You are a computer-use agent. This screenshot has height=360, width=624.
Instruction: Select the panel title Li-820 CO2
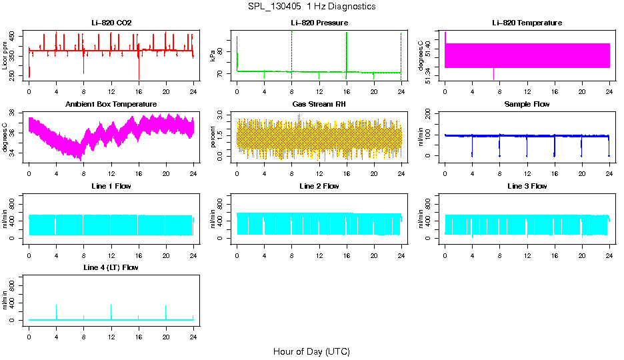[x=111, y=23]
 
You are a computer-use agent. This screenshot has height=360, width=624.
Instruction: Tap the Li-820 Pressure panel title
[x=319, y=23]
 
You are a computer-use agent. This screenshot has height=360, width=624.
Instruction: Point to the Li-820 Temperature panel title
[x=527, y=23]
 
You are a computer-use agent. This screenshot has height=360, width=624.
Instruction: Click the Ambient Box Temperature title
[x=111, y=105]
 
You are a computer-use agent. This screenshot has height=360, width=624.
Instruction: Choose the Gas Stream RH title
[x=319, y=105]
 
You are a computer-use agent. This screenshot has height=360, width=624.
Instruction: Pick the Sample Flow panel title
[x=527, y=105]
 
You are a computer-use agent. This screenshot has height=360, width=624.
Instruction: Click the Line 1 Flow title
[x=111, y=187]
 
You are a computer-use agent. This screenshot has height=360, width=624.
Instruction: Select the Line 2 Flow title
[x=319, y=187]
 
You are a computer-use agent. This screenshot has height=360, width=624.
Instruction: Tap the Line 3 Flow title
[x=527, y=187]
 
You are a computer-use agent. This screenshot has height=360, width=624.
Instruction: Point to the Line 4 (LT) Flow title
[x=111, y=268]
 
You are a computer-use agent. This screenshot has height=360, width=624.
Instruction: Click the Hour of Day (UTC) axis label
[x=311, y=351]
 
